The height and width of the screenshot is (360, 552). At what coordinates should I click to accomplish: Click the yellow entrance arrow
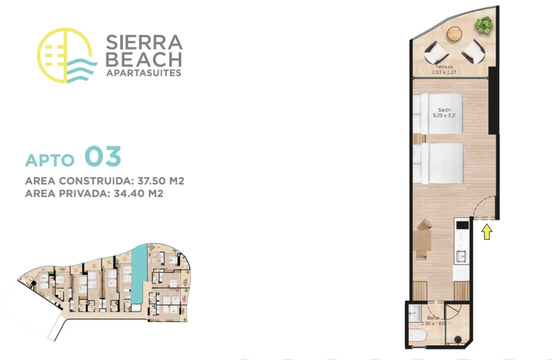[487, 232]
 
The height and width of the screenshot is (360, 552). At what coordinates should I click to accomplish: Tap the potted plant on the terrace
[484, 25]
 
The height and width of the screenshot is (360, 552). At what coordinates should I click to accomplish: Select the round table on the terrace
[454, 34]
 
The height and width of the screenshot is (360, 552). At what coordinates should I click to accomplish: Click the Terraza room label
[444, 67]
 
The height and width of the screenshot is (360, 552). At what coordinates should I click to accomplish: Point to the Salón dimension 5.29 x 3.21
[444, 115]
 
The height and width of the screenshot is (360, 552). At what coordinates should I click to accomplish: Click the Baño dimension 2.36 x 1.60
[433, 323]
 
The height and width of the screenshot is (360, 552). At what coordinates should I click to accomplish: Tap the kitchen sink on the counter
[461, 256]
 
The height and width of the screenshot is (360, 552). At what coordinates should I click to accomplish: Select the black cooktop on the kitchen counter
[462, 225]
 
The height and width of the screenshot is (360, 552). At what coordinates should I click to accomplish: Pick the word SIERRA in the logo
[144, 42]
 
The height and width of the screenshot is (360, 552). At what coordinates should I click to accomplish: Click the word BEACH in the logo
[144, 59]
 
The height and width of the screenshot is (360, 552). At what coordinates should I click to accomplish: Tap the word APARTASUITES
[144, 73]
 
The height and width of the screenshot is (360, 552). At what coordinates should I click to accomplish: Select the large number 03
[103, 157]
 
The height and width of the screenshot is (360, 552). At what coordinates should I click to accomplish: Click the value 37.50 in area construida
[151, 181]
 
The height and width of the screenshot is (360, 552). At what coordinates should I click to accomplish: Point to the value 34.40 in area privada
[128, 193]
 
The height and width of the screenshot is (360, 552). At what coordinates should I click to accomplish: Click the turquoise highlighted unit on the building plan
[139, 274]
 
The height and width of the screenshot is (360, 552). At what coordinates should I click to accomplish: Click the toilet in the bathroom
[417, 335]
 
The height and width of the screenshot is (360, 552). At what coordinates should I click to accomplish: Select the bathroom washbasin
[415, 314]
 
